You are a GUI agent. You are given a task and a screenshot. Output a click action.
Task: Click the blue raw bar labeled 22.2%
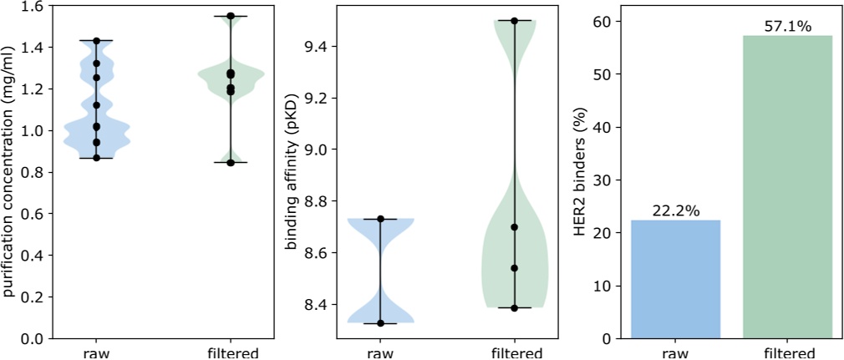(x=675, y=279)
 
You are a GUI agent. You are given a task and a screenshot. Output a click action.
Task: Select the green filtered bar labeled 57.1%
(x=787, y=187)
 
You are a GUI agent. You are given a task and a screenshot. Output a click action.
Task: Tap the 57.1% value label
(x=787, y=27)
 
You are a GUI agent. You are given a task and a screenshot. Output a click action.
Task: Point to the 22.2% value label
(x=675, y=211)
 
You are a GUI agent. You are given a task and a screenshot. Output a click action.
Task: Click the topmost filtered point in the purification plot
(x=231, y=16)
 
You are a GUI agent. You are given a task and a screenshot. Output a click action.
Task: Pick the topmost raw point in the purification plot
(x=96, y=40)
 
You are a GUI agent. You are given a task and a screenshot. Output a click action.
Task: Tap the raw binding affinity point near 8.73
(x=380, y=219)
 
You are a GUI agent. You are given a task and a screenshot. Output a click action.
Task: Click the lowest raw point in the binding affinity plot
(x=380, y=322)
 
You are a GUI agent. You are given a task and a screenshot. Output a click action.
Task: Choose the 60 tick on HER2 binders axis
(x=604, y=21)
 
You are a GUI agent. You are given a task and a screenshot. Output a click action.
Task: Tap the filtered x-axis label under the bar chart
(x=787, y=352)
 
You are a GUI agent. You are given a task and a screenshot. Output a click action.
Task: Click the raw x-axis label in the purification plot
(x=96, y=352)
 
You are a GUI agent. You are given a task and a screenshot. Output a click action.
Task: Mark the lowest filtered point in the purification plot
(x=231, y=162)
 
